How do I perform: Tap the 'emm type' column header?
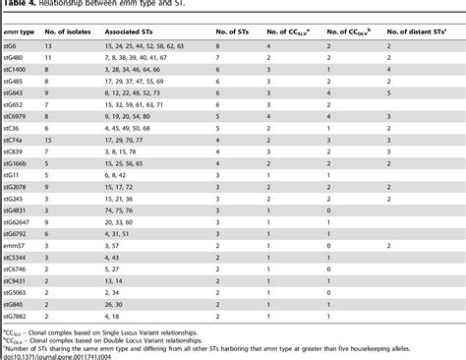[x=19, y=31]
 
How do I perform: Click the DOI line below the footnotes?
[x=59, y=354]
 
